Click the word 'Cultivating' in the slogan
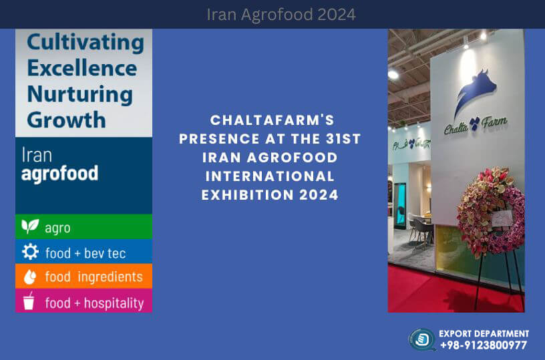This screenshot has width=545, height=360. tap(85, 43)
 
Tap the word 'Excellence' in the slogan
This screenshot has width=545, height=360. tap(82, 68)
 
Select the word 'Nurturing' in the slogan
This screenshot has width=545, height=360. tap(79, 94)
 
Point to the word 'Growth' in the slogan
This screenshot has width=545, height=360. tap(66, 120)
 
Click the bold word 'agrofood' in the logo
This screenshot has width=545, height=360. tap(59, 174)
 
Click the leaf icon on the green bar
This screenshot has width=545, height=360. tap(29, 226)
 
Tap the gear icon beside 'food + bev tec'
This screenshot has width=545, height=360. tap(29, 252)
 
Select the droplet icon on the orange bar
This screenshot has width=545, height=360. tap(29, 277)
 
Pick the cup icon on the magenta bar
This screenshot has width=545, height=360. tap(29, 301)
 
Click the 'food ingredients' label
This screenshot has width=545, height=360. tap(94, 277)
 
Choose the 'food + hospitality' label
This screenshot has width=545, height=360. tap(94, 303)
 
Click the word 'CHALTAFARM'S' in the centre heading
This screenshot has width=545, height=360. tap(272, 120)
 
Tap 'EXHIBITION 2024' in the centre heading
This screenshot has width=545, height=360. tap(272, 195)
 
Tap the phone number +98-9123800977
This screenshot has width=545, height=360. tap(483, 345)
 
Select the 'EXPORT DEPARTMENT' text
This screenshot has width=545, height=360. tap(484, 333)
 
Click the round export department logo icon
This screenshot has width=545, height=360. tap(423, 339)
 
